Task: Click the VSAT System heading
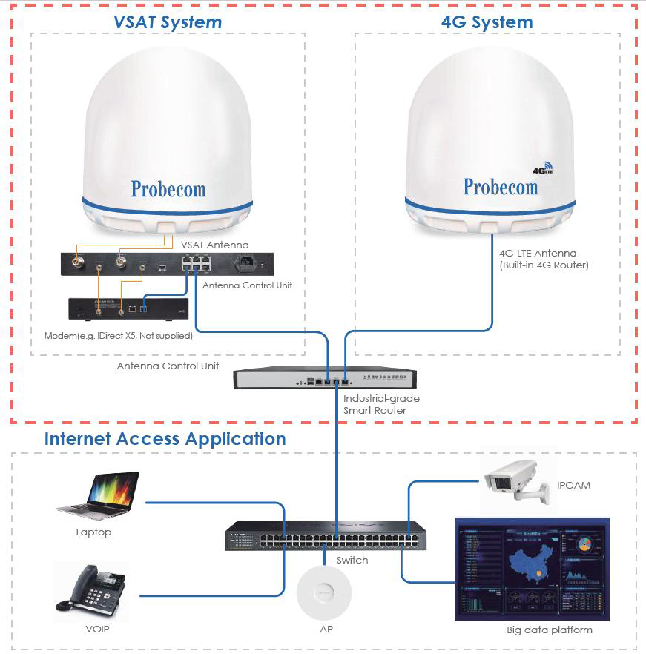click(168, 22)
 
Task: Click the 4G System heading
click(487, 22)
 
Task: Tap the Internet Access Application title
click(165, 439)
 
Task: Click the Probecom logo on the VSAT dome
click(168, 189)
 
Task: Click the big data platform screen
click(532, 569)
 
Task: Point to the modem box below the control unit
click(123, 309)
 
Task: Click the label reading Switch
click(352, 560)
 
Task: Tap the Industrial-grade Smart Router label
click(381, 404)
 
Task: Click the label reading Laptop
click(93, 532)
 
